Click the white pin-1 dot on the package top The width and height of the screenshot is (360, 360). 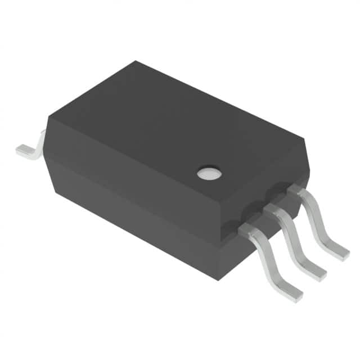click(x=209, y=173)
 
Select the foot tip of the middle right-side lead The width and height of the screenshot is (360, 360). click(x=318, y=274)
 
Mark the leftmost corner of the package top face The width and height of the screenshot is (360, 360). click(x=48, y=116)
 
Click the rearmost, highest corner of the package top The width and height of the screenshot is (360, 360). click(x=137, y=62)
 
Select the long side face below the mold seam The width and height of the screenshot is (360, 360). click(x=129, y=219)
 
